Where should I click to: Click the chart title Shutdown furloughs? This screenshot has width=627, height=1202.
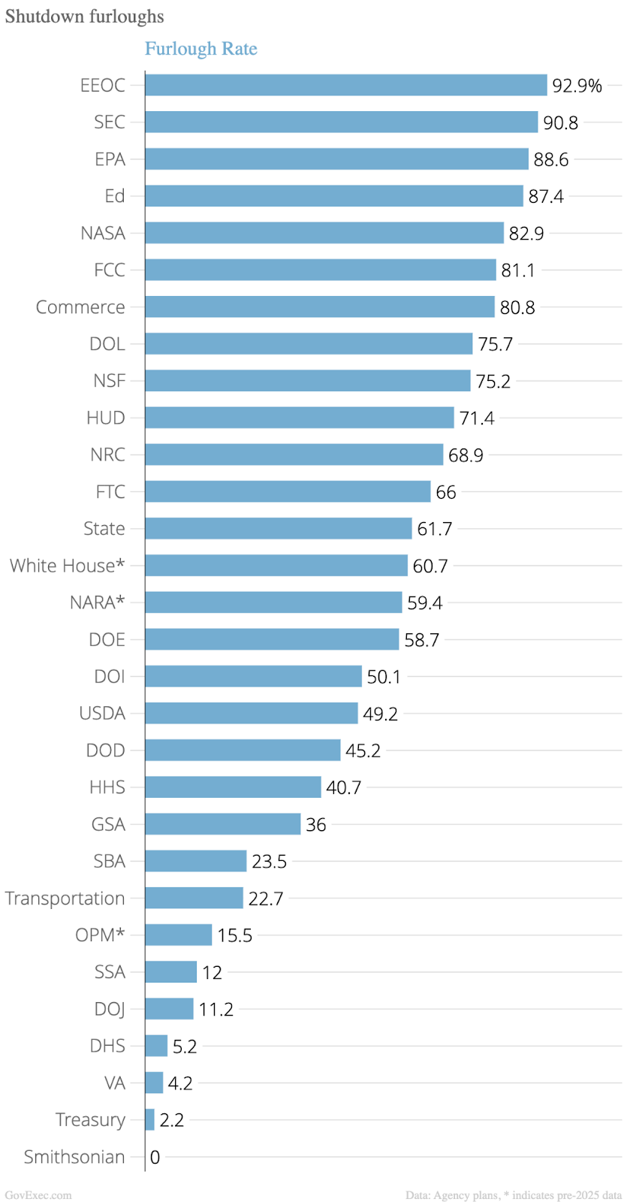(x=84, y=17)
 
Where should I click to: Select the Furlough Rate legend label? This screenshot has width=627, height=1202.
(x=200, y=49)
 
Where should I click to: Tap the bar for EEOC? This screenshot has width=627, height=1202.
(x=345, y=85)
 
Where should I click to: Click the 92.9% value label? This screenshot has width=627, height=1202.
(x=577, y=86)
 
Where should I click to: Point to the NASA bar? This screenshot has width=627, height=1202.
(x=324, y=233)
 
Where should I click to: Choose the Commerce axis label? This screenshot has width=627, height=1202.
(x=80, y=307)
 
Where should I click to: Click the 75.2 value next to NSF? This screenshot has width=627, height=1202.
(x=493, y=382)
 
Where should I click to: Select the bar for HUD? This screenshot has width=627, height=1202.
(x=299, y=418)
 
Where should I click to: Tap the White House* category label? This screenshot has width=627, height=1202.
(x=67, y=566)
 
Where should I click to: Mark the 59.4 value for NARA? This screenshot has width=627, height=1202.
(x=424, y=603)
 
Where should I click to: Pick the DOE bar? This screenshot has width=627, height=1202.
(x=271, y=639)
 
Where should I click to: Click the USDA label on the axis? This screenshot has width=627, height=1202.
(x=102, y=713)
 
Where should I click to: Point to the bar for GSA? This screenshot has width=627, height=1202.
(x=222, y=824)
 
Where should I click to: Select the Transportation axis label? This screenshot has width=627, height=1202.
(x=65, y=898)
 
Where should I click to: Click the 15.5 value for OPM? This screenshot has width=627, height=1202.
(x=234, y=935)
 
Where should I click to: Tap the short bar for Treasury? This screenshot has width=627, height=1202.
(x=149, y=1120)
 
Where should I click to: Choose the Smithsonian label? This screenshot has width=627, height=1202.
(x=74, y=1157)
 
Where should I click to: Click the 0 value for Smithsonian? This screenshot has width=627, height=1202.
(x=155, y=1158)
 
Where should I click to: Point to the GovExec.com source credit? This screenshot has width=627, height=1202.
(x=38, y=1194)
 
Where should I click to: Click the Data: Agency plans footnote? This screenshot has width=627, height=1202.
(x=514, y=1194)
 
